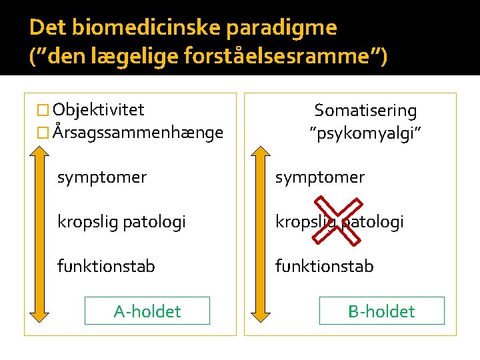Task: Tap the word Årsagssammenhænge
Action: (138, 133)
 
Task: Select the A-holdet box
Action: (147, 311)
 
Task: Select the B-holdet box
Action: (382, 311)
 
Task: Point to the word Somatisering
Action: (365, 111)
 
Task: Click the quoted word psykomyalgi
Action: (365, 133)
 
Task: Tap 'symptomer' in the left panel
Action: (102, 178)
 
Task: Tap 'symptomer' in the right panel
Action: (321, 178)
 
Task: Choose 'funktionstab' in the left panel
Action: (107, 267)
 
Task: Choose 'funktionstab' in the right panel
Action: (325, 267)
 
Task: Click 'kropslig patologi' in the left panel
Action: (121, 222)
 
